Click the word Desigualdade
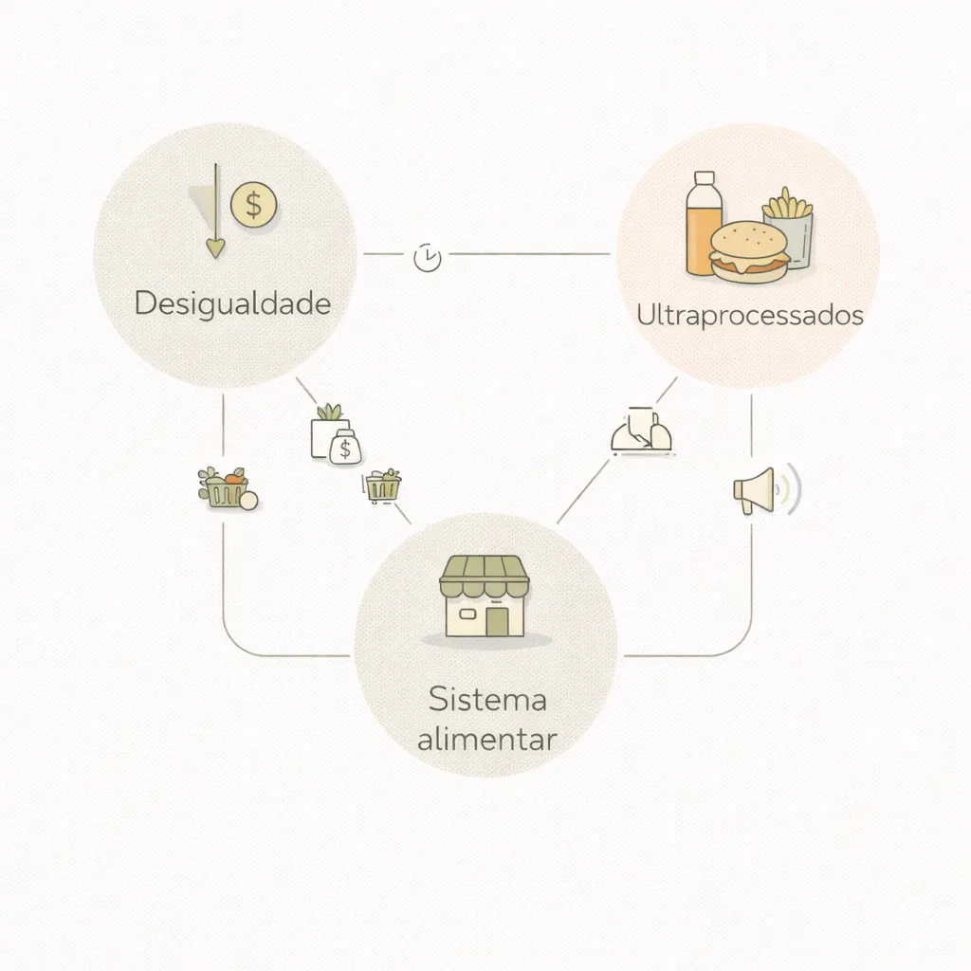(x=233, y=304)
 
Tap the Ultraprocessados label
(x=750, y=316)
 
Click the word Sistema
(x=487, y=700)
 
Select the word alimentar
(x=487, y=740)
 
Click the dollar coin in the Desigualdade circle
(x=253, y=205)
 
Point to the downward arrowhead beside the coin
(x=215, y=248)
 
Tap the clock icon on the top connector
(x=428, y=258)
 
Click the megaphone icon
(x=766, y=490)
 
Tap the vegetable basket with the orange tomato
(x=228, y=488)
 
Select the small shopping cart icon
(x=382, y=486)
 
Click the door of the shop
(x=497, y=622)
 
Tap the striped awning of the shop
(x=485, y=577)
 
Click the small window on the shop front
(x=467, y=614)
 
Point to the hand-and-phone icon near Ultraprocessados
(x=642, y=431)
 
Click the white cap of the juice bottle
(x=705, y=177)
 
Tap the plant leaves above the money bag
(x=329, y=412)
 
